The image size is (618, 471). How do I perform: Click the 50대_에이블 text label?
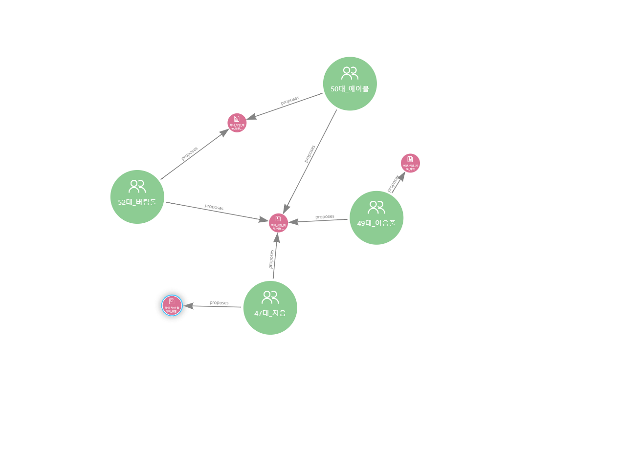pos(350,89)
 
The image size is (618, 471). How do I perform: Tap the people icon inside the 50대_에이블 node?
pos(350,73)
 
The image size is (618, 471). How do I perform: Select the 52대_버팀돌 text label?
pos(137,202)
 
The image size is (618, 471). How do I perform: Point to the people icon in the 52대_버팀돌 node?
pos(137,186)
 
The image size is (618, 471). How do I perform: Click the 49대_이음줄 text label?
pos(376,223)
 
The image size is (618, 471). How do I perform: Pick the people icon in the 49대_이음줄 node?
pos(376,207)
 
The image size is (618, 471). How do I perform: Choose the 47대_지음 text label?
pos(270,313)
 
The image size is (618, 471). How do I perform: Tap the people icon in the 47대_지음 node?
pos(270,297)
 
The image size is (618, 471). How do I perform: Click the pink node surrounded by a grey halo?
pos(172,306)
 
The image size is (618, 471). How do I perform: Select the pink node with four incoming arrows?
pos(278,223)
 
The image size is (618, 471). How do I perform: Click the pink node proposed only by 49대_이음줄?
pos(410,163)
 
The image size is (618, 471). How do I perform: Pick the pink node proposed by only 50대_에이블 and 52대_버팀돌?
pos(237,123)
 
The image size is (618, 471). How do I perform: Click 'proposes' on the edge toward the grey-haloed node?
pos(219,303)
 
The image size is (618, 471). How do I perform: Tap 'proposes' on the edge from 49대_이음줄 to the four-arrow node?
pos(325,216)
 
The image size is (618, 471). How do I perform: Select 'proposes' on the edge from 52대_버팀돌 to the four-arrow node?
pos(214,208)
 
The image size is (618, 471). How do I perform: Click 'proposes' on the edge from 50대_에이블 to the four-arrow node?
pos(309,153)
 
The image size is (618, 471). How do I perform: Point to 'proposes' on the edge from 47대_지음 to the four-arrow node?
pos(271,259)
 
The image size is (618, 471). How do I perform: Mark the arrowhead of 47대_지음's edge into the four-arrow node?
pos(277,238)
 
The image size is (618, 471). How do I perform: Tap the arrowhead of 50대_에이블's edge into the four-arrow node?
pos(287,209)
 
